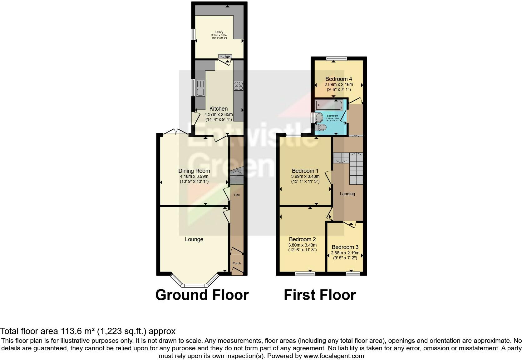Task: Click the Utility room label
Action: pos(219,32)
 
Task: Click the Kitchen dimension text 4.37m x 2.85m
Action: pos(219,114)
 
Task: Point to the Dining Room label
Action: pos(194,171)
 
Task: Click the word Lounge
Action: pos(194,239)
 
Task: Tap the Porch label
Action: pos(237,263)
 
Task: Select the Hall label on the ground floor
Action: pos(237,195)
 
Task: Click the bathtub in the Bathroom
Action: pos(329,105)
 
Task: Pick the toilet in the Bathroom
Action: pos(322,127)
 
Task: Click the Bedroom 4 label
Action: pos(338,79)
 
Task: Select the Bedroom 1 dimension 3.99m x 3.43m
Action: pos(305,176)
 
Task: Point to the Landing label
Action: pos(347,194)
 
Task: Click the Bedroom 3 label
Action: pos(345,247)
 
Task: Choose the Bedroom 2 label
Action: pos(302,240)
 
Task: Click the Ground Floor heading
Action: pos(202,295)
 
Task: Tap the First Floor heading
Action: pos(320,295)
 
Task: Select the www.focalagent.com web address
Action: pos(333,356)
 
